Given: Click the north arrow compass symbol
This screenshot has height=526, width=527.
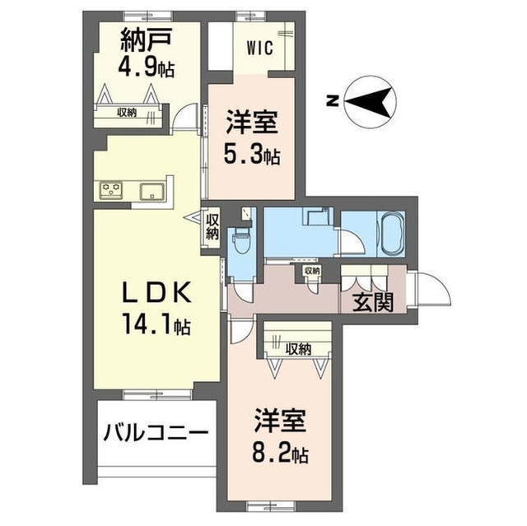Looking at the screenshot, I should coord(371,101).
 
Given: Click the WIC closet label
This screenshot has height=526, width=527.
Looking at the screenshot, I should coord(259,46).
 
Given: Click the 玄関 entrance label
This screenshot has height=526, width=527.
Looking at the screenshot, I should coord(373,302).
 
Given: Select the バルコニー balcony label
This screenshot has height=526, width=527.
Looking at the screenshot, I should coord(156,434).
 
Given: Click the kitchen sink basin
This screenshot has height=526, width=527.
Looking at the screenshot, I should coord(153,193).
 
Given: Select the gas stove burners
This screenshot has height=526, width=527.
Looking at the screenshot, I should coord(111,192).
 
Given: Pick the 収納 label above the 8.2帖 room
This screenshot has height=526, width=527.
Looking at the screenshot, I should coord(299,348).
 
